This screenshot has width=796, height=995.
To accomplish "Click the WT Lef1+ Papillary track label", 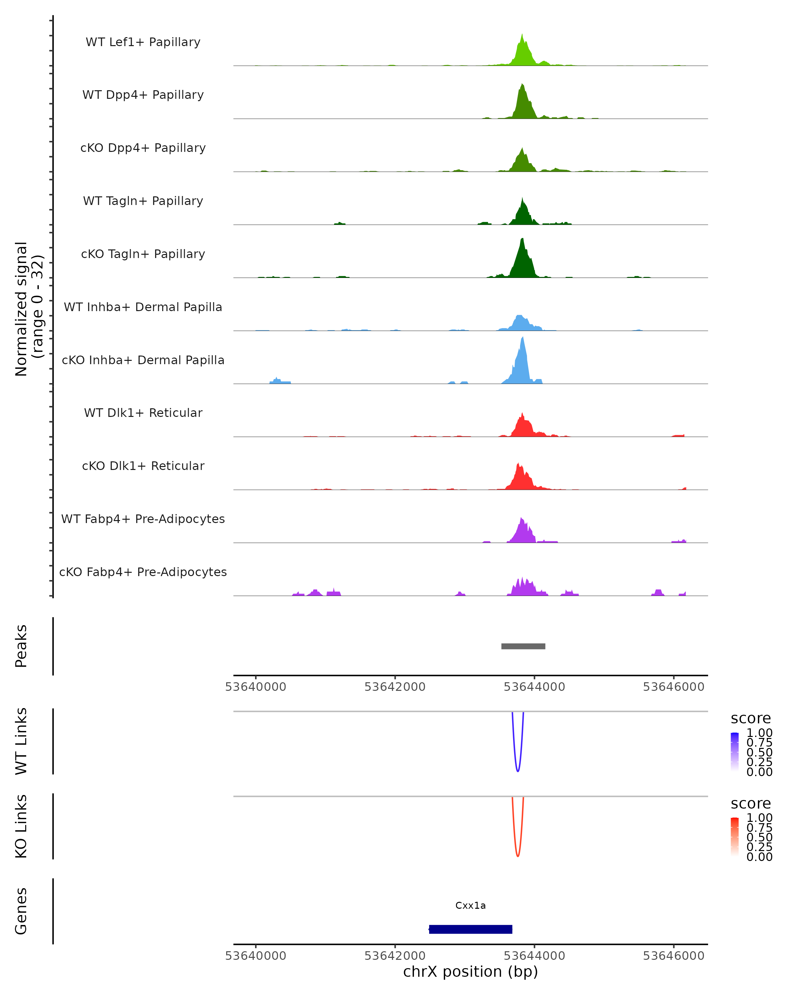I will click(143, 42).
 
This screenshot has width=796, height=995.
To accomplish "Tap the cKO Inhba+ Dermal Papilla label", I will click(143, 360).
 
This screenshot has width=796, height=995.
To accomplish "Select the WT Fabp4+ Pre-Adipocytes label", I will click(143, 519).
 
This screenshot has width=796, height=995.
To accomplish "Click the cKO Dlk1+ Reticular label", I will click(143, 466).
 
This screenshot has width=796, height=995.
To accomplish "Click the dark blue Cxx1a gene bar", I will click(470, 929).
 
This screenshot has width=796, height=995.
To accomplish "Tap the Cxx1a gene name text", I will click(470, 905).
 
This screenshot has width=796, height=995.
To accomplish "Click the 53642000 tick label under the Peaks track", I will click(395, 687).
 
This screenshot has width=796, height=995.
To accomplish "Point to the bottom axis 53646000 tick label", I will click(673, 956).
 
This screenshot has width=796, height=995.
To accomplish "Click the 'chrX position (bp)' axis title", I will click(470, 972).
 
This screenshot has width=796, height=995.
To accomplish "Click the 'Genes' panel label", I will click(21, 911).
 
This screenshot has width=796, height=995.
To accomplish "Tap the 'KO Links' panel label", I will click(21, 827).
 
